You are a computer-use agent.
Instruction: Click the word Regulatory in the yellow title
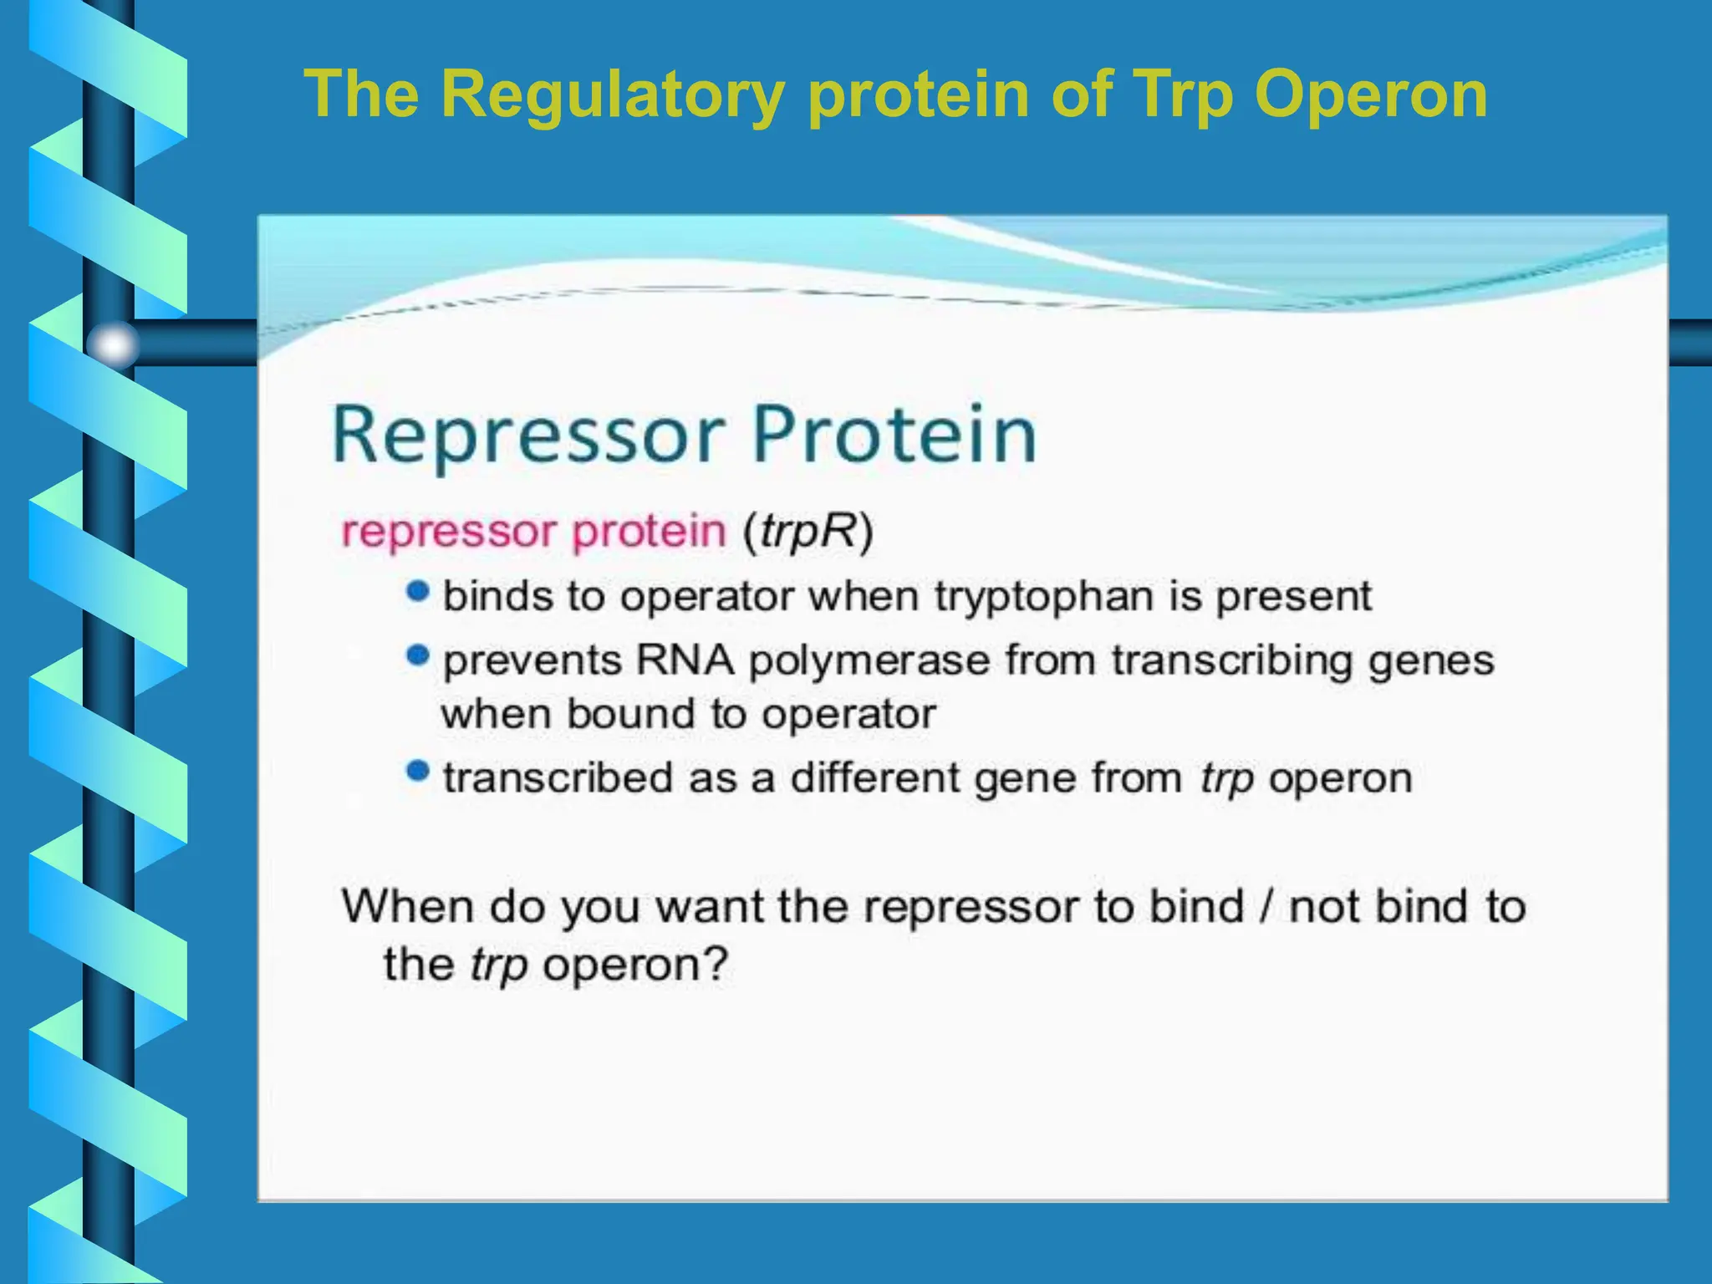pos(612,94)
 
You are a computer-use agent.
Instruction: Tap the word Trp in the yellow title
pos(1181,94)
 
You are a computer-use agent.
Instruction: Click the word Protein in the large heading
pos(894,435)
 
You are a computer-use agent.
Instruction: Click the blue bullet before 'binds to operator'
pos(417,593)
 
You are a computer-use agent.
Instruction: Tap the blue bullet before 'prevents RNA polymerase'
pos(417,655)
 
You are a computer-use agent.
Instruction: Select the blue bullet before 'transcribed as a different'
pos(417,771)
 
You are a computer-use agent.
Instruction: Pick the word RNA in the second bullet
pos(685,660)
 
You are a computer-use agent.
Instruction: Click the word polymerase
pos(869,661)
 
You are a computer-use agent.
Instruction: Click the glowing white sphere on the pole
pos(114,344)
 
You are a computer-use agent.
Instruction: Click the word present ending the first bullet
pos(1293,597)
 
